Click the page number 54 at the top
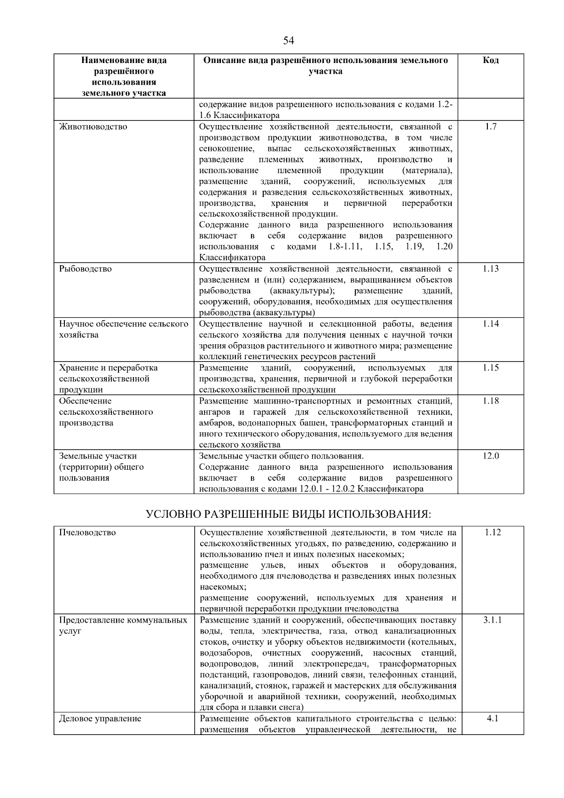pyautogui.click(x=289, y=41)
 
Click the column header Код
pyautogui.click(x=491, y=60)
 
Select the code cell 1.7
pyautogui.click(x=491, y=126)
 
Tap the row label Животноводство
pyautogui.click(x=93, y=126)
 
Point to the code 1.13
pyautogui.click(x=491, y=269)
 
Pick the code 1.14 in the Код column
pyautogui.click(x=491, y=324)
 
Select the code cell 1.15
pyautogui.click(x=491, y=368)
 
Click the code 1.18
pyautogui.click(x=491, y=401)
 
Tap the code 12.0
pyautogui.click(x=491, y=456)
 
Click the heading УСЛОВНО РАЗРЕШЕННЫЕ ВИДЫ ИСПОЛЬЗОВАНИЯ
pyautogui.click(x=289, y=514)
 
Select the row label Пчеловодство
pyautogui.click(x=87, y=532)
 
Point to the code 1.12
pyautogui.click(x=493, y=532)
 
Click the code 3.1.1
pyautogui.click(x=493, y=620)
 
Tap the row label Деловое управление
pyautogui.click(x=100, y=719)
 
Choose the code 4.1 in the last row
pyautogui.click(x=493, y=719)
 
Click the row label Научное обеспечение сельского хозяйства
pyautogui.click(x=124, y=329)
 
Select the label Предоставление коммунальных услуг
pyautogui.click(x=123, y=625)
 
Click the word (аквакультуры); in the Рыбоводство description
pyautogui.click(x=299, y=291)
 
